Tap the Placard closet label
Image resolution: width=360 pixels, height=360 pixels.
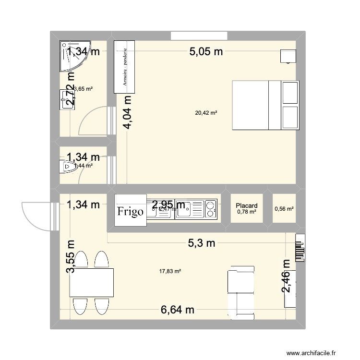[247, 205]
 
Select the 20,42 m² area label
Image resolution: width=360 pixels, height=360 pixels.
[206, 113]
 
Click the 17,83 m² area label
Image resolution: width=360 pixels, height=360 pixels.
[170, 271]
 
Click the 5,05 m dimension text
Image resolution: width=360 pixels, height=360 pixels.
[206, 52]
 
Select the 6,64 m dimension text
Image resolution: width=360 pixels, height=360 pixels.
[177, 310]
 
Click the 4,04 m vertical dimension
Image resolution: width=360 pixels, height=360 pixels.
[128, 112]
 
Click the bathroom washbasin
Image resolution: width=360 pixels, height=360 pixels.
[66, 100]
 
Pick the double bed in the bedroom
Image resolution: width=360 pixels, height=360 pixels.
[265, 105]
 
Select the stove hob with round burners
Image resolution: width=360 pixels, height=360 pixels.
[210, 209]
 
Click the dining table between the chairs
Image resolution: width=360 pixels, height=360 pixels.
[92, 283]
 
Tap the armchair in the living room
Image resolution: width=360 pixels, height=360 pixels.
[241, 293]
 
